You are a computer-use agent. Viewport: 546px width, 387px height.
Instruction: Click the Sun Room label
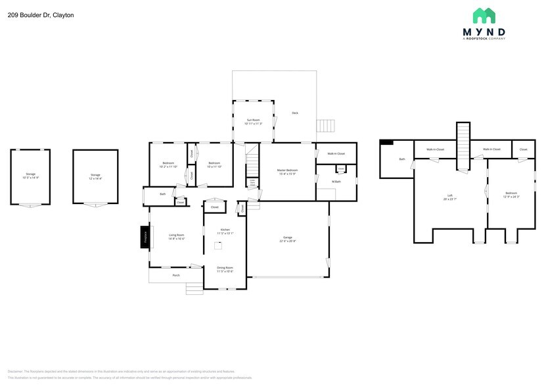(253, 120)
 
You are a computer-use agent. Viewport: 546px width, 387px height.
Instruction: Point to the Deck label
(295, 113)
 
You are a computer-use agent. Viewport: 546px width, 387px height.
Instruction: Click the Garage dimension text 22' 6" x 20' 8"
(287, 241)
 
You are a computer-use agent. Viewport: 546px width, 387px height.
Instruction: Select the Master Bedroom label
(288, 170)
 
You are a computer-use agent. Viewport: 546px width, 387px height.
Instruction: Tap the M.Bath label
(336, 181)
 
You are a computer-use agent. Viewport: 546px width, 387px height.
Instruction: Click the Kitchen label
(225, 230)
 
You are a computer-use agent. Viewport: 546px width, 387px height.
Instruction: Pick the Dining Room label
(225, 267)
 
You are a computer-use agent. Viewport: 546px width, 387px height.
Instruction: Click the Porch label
(176, 275)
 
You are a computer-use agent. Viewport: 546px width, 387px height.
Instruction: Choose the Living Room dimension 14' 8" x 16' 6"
(176, 239)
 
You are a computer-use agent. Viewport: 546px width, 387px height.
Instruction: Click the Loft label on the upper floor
(450, 195)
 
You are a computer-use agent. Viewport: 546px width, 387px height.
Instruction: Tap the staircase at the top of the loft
(464, 140)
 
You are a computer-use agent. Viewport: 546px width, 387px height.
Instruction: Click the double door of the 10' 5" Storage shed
(30, 206)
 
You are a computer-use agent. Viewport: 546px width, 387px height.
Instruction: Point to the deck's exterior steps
(327, 126)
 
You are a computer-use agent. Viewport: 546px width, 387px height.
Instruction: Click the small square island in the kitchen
(219, 245)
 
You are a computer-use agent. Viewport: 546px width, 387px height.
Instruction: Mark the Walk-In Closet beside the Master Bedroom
(336, 153)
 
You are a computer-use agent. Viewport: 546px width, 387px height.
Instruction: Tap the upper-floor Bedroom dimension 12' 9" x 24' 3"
(511, 197)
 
